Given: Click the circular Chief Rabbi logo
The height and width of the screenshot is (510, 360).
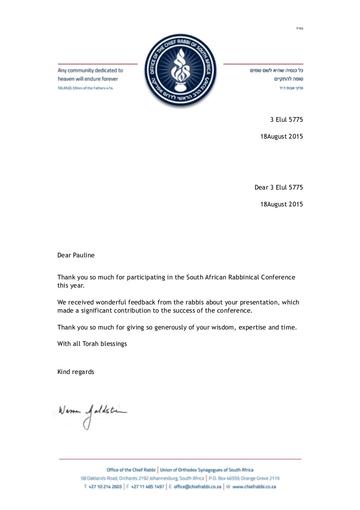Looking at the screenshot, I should point(180,70).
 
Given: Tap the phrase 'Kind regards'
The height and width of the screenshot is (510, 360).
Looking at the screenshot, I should point(76,372).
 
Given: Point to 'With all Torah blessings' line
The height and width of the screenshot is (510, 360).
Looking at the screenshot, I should point(92,344).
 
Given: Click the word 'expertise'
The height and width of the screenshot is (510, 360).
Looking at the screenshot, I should point(252,327).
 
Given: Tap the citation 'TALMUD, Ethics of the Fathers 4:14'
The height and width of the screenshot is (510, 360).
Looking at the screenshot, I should point(85,88).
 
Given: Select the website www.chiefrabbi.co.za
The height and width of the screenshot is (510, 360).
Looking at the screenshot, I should point(254,487).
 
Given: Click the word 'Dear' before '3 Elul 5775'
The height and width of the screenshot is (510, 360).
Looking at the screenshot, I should point(261,187).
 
